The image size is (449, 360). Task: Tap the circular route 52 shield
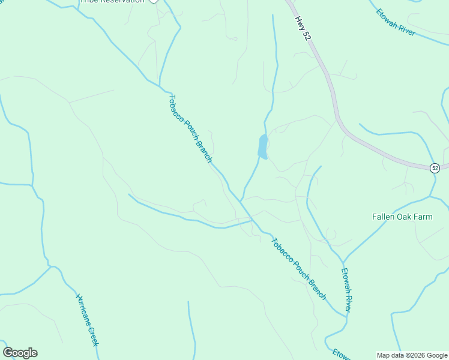(x=435, y=168)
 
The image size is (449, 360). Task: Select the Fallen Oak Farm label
(x=402, y=217)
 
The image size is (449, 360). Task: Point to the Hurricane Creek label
(x=87, y=320)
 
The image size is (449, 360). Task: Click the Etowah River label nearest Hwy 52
(x=396, y=22)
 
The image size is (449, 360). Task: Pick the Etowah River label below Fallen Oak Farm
(x=345, y=290)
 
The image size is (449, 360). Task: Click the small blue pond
(x=262, y=146)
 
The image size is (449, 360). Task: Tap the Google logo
(x=20, y=353)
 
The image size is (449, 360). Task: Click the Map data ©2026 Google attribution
(x=411, y=355)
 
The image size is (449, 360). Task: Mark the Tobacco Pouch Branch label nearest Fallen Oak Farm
(x=298, y=269)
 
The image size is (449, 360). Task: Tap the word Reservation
(x=121, y=1)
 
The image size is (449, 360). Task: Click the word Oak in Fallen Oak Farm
(x=403, y=217)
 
